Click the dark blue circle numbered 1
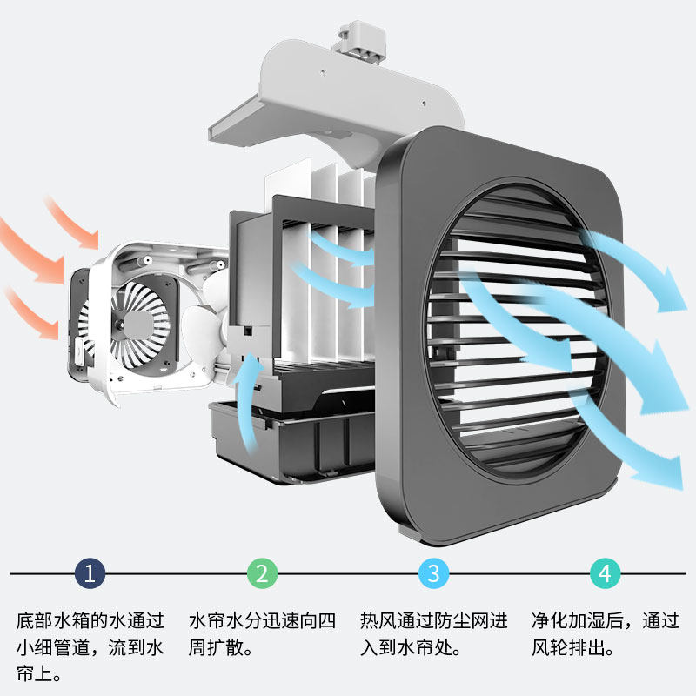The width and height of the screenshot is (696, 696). click(x=90, y=573)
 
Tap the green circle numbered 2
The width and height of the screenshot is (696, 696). click(x=262, y=573)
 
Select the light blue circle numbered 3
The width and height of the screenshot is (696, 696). click(x=433, y=573)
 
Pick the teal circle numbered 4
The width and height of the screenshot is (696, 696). click(x=606, y=573)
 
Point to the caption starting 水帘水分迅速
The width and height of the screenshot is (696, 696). click(x=262, y=634)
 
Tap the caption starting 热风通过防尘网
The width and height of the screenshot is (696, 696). click(x=433, y=634)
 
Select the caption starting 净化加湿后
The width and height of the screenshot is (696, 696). click(x=605, y=634)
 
